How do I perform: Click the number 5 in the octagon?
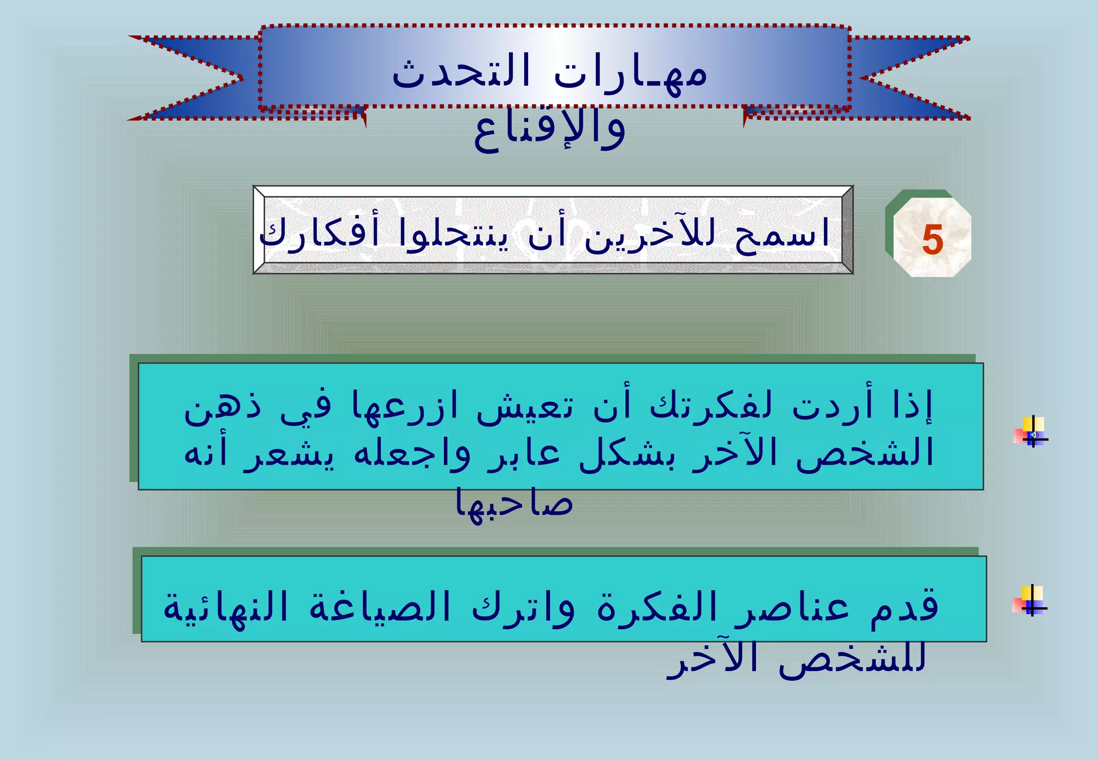(x=932, y=241)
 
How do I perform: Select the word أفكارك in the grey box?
(x=320, y=235)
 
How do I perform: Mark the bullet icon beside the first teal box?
(x=1030, y=432)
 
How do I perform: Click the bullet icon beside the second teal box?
(x=1030, y=601)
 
